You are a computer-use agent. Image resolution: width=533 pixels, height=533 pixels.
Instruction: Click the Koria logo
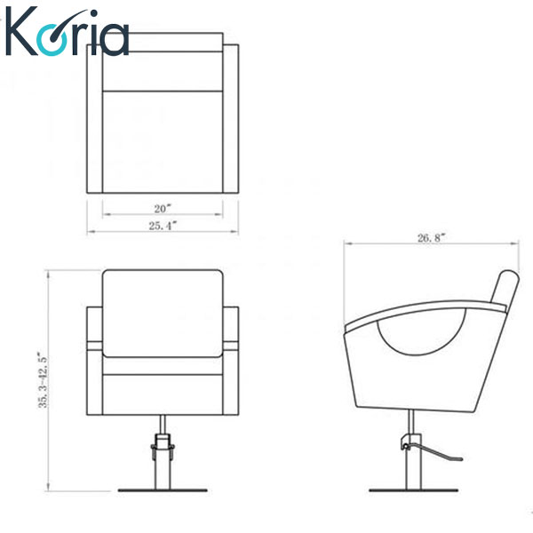[x=68, y=32]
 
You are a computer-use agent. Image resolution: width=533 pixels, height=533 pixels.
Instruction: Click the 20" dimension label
[x=163, y=209]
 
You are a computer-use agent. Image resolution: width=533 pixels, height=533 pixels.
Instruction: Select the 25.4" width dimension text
[x=163, y=226]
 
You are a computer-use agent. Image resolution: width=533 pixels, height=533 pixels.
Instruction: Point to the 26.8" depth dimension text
[x=431, y=238]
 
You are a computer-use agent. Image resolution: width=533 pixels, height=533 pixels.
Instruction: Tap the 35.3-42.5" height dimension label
[x=44, y=380]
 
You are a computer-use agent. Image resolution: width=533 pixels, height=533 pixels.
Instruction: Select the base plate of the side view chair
[x=413, y=490]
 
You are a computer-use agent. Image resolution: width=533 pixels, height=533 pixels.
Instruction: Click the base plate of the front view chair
[x=163, y=490]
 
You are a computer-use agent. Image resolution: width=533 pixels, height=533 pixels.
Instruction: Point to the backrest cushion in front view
[x=163, y=314]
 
